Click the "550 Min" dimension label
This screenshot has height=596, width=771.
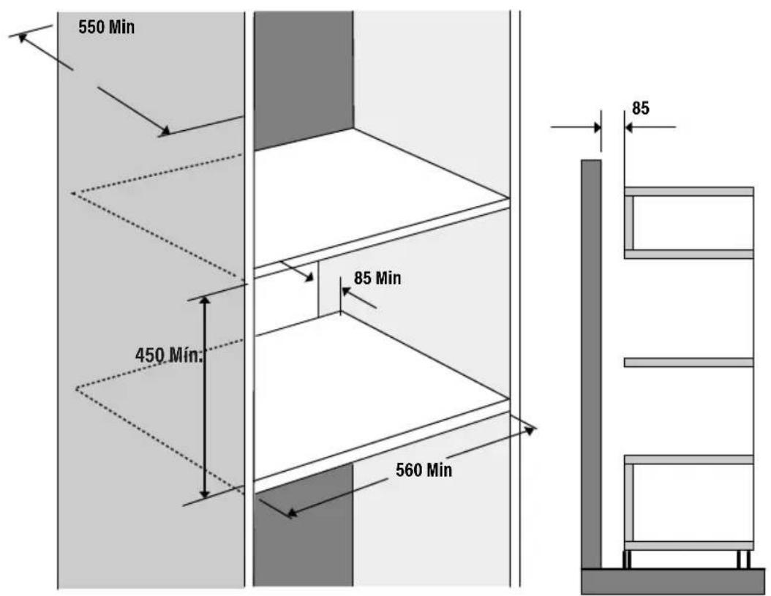tap(106, 29)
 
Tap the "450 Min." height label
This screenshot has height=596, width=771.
tap(168, 355)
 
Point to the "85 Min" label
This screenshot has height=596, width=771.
tap(377, 279)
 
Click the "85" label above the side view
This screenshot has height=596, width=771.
tap(640, 108)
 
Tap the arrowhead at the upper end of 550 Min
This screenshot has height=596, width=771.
tap(23, 36)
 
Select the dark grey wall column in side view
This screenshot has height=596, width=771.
tap(591, 362)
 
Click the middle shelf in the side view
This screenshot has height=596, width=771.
tap(688, 362)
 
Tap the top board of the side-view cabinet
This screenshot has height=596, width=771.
tap(688, 192)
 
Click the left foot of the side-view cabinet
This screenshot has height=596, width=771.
tap(628, 559)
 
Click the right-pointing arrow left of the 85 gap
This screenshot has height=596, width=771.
tap(594, 127)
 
